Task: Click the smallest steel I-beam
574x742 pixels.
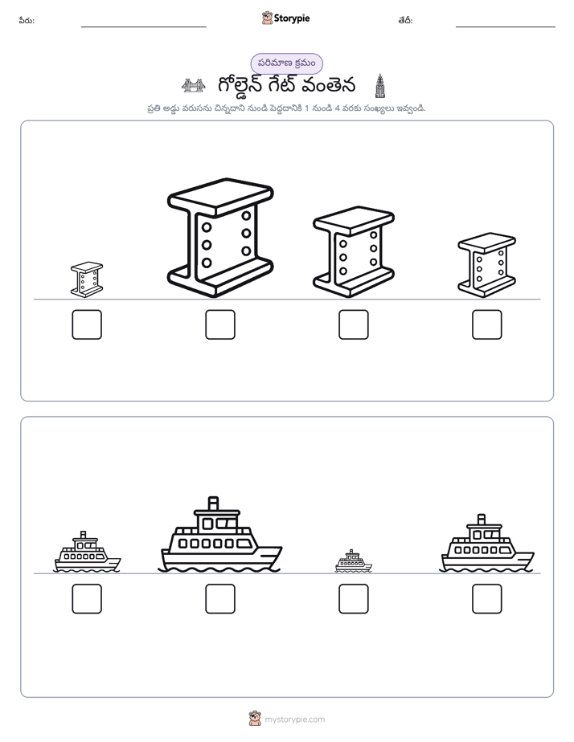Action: coord(87,279)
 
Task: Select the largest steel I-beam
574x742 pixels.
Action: coord(220,238)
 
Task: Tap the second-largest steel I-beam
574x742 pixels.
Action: coord(353,252)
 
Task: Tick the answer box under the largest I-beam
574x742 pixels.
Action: coord(220,324)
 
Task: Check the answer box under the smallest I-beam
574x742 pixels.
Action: coord(87,324)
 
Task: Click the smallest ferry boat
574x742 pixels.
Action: coord(353,561)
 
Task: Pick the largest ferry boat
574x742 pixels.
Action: coord(220,535)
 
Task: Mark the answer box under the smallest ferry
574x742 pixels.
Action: coord(353,598)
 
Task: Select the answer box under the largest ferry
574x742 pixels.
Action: coord(220,598)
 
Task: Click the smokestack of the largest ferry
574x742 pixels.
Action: coord(214,503)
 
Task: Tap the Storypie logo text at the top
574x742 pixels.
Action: coord(292,18)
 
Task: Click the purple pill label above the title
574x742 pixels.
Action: coord(286,63)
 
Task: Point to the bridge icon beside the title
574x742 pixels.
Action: coord(193,86)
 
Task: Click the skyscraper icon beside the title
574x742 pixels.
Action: coord(379,86)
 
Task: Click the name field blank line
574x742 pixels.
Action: coord(143,27)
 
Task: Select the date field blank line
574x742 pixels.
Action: coord(506,27)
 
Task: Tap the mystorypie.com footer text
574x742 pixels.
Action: coord(294,720)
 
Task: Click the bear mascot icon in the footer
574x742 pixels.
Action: coord(255,719)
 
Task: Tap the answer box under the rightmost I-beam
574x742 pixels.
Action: coord(487,324)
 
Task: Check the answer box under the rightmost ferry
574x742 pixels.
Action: coord(487,598)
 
